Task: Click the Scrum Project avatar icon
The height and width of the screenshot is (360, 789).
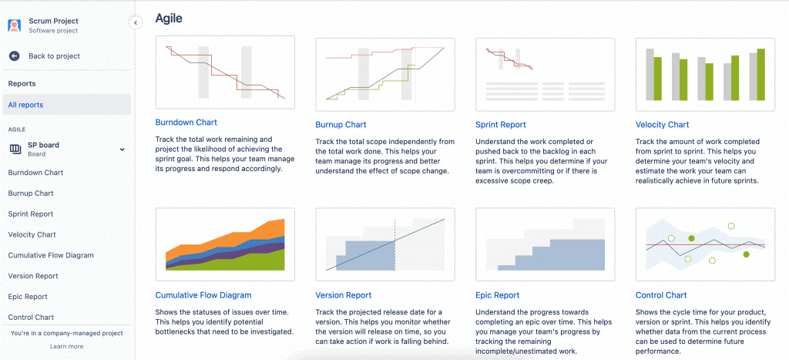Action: pyautogui.click(x=15, y=25)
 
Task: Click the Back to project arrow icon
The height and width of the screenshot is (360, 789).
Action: pyautogui.click(x=15, y=56)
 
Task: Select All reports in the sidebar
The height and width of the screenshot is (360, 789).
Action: pyautogui.click(x=25, y=105)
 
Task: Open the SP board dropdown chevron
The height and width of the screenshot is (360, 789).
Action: pyautogui.click(x=122, y=149)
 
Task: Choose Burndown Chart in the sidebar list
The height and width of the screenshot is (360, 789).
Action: pyautogui.click(x=35, y=173)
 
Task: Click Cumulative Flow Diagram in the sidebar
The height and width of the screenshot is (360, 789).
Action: pyautogui.click(x=51, y=255)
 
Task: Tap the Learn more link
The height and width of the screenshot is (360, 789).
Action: pyautogui.click(x=66, y=347)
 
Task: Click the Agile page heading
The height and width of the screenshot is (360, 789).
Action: pyautogui.click(x=169, y=18)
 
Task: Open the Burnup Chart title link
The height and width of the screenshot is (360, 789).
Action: pyautogui.click(x=341, y=125)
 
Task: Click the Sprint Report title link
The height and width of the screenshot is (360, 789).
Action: pyautogui.click(x=501, y=125)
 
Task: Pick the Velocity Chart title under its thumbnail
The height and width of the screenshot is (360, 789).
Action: pyautogui.click(x=662, y=125)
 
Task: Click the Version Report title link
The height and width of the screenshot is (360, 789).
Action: pyautogui.click(x=344, y=295)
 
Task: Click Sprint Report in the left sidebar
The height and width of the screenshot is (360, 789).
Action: pyautogui.click(x=31, y=214)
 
